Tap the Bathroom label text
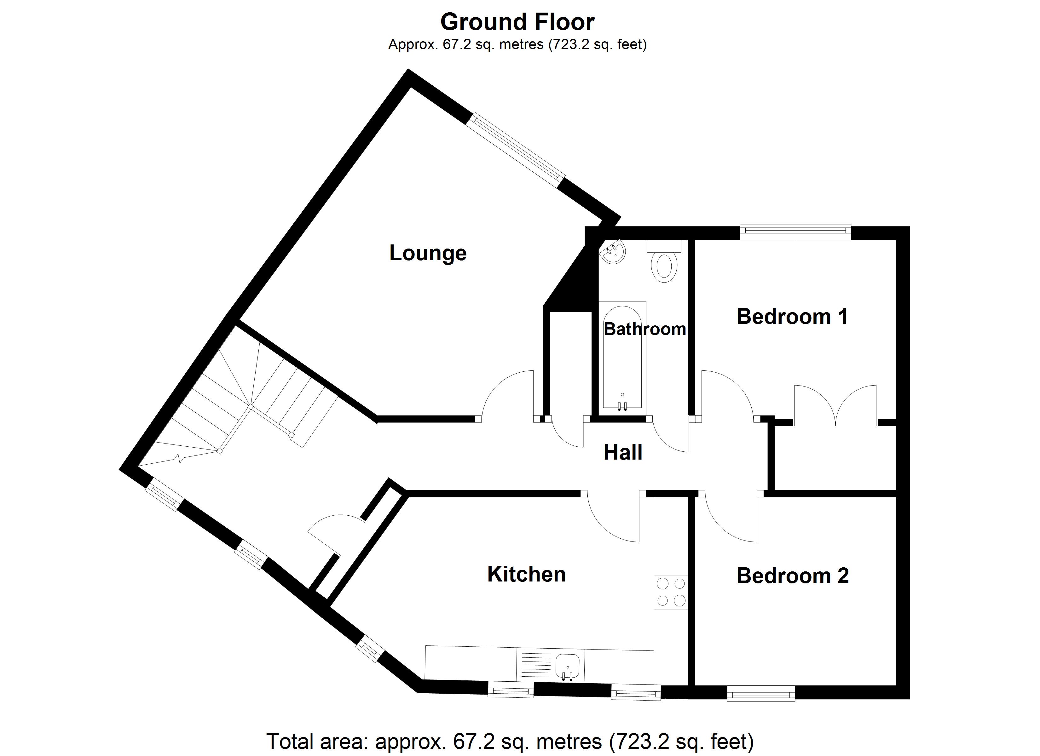click(644, 329)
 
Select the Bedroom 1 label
click(792, 316)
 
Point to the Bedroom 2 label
click(792, 576)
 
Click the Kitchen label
click(526, 574)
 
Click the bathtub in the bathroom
click(622, 355)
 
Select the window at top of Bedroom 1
click(795, 232)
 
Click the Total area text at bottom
click(510, 741)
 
